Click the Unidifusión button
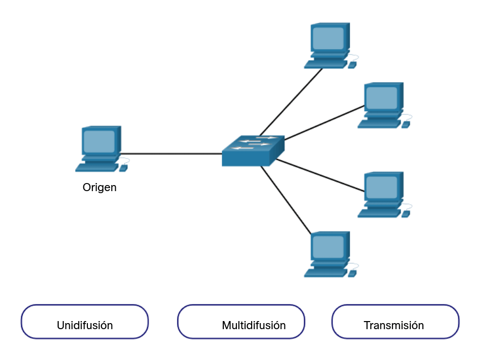click(x=84, y=322)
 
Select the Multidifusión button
click(x=241, y=322)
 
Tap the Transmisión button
click(x=395, y=322)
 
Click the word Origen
click(x=100, y=188)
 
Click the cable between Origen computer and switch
click(x=172, y=154)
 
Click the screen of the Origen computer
click(x=99, y=142)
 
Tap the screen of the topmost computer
click(x=328, y=38)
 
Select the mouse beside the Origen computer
click(x=123, y=167)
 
